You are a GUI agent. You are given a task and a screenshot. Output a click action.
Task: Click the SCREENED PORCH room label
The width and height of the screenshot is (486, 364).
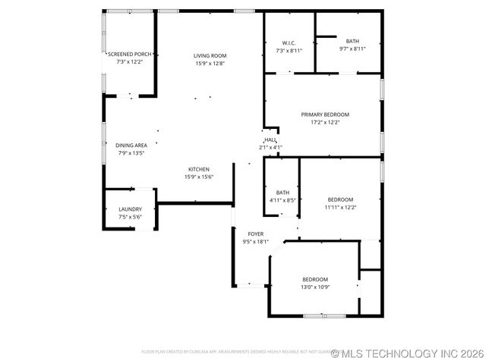pos(130,55)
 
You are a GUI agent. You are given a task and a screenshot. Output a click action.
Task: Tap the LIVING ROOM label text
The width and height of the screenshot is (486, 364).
pos(210,55)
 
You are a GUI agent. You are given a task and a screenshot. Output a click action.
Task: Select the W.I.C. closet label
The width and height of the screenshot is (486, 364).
pos(289,42)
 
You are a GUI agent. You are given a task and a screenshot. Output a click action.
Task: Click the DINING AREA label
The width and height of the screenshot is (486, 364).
pos(131,145)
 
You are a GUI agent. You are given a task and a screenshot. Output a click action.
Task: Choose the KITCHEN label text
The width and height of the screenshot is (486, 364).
pos(199,169)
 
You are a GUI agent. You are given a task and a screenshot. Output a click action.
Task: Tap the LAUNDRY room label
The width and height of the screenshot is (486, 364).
pos(130,209)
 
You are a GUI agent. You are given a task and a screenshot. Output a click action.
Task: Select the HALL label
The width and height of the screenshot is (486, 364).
pos(270,140)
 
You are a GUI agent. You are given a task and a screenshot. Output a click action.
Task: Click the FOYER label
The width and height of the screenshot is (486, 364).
pos(255,234)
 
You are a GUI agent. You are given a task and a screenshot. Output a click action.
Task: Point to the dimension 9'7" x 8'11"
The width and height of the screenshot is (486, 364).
pos(352,49)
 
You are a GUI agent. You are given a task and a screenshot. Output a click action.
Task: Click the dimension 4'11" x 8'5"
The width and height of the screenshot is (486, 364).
pos(282,200)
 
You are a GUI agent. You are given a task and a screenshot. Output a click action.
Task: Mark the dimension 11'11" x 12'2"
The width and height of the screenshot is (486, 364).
pos(340,207)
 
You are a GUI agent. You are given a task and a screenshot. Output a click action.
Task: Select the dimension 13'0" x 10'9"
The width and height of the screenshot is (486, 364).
pos(315,287)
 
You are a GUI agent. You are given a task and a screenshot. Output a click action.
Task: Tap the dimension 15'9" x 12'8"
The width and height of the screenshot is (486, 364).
pos(210,63)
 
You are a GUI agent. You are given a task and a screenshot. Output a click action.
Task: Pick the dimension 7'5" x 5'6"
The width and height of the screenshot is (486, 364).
pos(130,217)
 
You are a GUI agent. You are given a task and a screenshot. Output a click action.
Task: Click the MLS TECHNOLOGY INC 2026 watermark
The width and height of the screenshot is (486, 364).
pos(408,353)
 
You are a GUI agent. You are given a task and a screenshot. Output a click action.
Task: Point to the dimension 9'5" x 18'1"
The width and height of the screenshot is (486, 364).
pos(255,242)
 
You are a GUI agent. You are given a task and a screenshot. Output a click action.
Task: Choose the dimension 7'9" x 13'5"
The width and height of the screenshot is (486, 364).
pos(131,152)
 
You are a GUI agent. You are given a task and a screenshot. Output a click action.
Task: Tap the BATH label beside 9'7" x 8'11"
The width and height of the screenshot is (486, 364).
pos(352,41)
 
